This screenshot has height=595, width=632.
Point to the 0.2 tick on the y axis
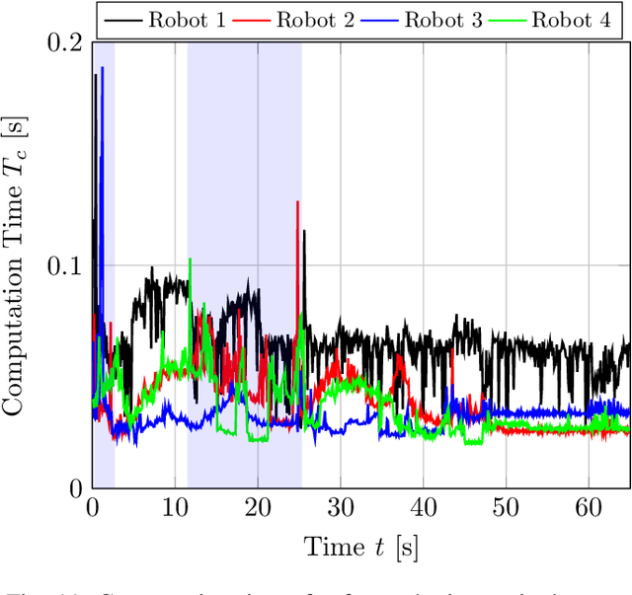(65, 44)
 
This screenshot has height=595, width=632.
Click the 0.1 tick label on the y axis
(65, 266)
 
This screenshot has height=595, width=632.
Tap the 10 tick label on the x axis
(175, 506)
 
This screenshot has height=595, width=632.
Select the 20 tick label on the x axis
(258, 506)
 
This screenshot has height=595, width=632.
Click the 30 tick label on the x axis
(341, 506)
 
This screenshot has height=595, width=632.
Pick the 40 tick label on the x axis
(423, 506)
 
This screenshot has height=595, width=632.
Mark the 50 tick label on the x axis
(506, 506)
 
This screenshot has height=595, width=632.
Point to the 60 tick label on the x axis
(589, 506)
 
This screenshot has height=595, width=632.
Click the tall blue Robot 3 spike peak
(102, 68)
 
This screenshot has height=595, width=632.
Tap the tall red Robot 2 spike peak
(297, 202)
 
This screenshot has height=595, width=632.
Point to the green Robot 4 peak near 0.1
(190, 260)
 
